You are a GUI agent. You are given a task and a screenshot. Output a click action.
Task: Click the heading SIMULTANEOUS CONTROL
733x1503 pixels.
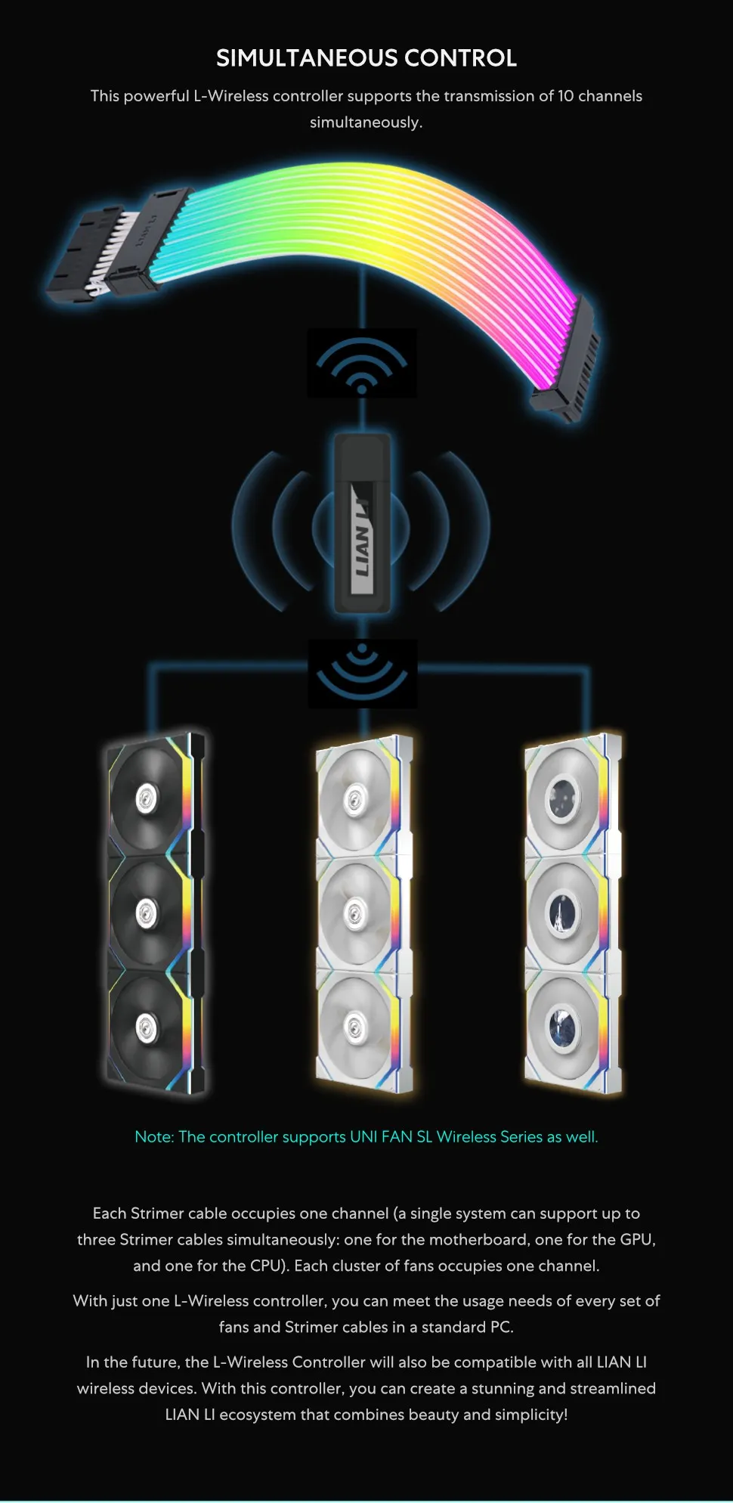366,58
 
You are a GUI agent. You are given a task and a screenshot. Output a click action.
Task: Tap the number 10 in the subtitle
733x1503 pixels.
566,96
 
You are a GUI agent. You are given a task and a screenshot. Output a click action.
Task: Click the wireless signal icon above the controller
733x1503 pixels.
362,363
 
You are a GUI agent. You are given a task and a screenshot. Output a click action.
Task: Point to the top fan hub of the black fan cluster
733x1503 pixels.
145,798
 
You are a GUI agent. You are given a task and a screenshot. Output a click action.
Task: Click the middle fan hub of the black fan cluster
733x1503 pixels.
145,913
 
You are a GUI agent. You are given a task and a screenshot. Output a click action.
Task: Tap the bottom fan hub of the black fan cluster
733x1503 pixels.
145,1027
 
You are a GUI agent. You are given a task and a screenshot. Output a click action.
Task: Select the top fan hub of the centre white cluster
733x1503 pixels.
354,800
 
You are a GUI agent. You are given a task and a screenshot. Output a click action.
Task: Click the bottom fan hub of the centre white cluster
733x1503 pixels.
354,1025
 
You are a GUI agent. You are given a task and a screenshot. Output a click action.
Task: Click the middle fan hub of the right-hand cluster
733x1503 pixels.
563,915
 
